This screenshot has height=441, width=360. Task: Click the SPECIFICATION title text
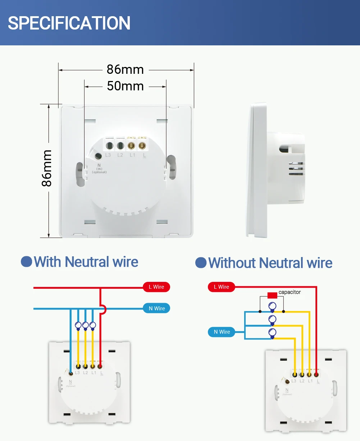(x=69, y=23)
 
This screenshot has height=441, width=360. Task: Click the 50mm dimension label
(x=125, y=86)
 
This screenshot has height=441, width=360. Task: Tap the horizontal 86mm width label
(x=125, y=69)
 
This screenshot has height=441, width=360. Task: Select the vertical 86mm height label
(x=47, y=168)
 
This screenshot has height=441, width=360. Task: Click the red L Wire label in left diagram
(x=156, y=287)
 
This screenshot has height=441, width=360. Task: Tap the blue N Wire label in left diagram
(x=156, y=309)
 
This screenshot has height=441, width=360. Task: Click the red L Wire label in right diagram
(x=221, y=287)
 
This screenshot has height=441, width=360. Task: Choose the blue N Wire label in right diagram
(x=222, y=332)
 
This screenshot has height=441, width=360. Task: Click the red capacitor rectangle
(x=272, y=295)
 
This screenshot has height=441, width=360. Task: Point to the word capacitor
(x=290, y=292)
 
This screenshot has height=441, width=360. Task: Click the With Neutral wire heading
(x=86, y=262)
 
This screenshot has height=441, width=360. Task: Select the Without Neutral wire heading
(x=270, y=263)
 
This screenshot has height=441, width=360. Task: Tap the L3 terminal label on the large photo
(x=108, y=155)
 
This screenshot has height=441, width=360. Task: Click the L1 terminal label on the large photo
(x=132, y=155)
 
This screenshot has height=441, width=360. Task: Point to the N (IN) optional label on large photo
(x=99, y=168)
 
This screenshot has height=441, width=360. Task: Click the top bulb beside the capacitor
(x=272, y=307)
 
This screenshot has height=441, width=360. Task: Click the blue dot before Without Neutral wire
(x=201, y=263)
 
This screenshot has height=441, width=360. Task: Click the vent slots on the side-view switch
(x=296, y=168)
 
